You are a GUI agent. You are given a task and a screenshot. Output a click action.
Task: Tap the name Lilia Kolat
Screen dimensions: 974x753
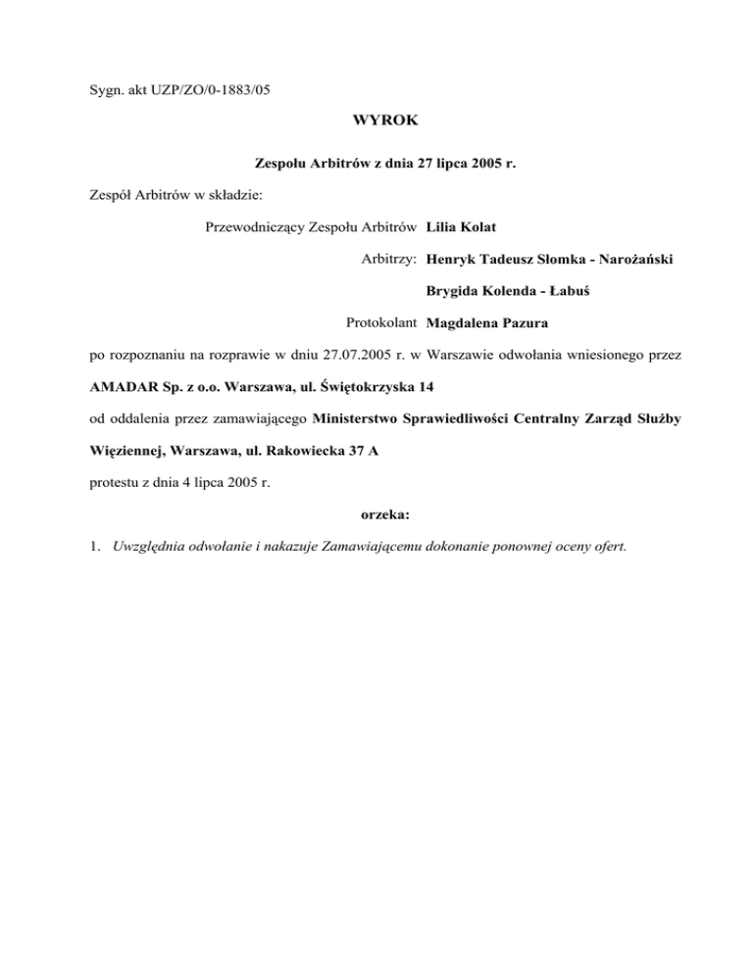[469, 228]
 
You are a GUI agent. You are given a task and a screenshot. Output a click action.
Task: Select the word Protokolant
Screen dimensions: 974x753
[382, 322]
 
